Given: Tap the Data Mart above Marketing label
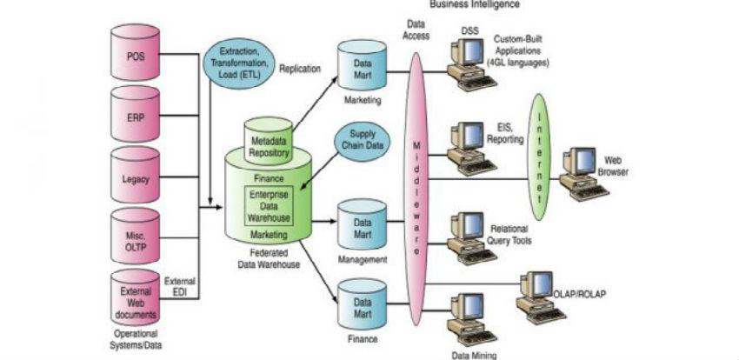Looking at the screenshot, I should click(362, 70).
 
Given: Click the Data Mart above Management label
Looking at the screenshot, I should click(362, 227).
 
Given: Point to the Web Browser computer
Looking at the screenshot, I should click(580, 171).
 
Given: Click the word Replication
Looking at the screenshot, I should click(300, 68).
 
